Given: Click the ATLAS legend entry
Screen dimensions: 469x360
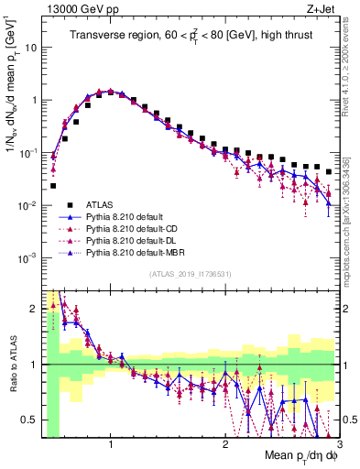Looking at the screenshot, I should click(x=100, y=204).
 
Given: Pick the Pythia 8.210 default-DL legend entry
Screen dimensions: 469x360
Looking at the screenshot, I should click(x=138, y=238).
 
